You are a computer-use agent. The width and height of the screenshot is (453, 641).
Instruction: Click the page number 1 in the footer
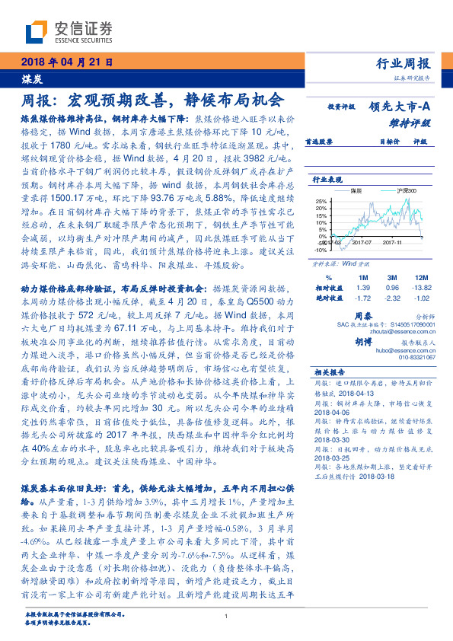pyautogui.click(x=227, y=617)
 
